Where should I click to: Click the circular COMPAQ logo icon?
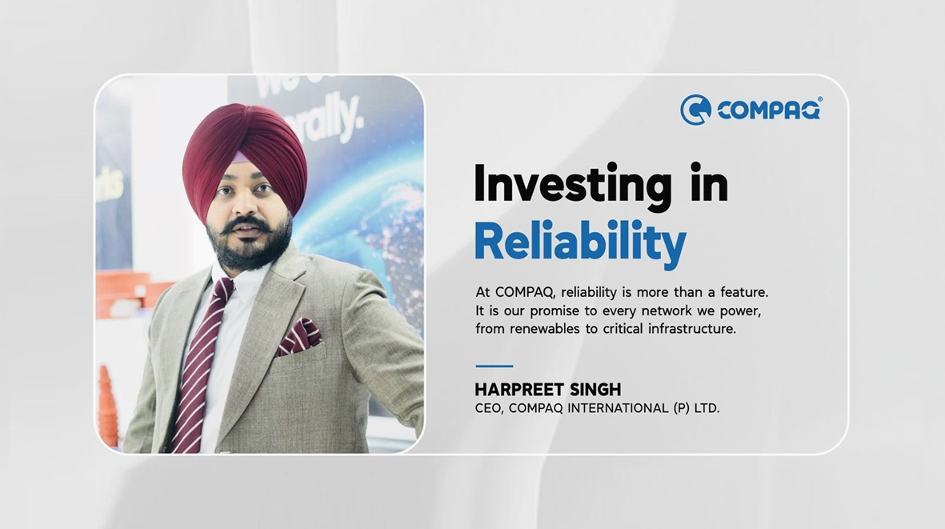pos(695,110)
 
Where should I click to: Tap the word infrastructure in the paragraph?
pos(692,329)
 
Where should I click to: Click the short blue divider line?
pos(495,366)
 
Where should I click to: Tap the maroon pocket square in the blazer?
pos(299,336)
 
